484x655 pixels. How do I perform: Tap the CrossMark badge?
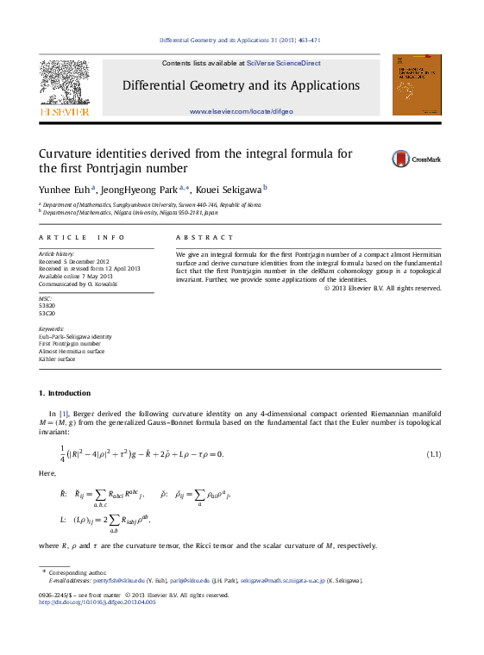[417, 159]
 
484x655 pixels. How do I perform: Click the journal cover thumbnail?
[416, 84]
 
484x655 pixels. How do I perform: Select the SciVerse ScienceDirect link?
[283, 63]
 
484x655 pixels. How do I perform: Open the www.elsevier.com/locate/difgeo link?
[241, 111]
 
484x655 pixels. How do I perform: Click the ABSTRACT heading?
[204, 237]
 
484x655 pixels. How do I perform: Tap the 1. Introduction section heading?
[65, 393]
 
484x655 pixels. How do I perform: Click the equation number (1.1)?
[433, 454]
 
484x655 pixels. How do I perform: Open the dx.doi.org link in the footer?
[97, 602]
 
